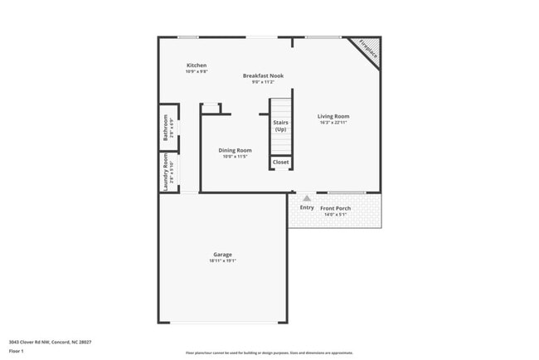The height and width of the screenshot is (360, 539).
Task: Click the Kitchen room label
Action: (197, 66)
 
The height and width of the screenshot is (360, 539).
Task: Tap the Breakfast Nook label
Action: (263, 75)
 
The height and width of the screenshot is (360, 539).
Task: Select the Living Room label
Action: (333, 116)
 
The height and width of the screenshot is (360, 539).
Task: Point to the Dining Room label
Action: (235, 150)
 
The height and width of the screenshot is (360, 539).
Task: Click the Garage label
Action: (222, 255)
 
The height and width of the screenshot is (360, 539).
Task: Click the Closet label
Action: (281, 162)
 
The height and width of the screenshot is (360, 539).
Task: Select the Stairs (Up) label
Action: (281, 126)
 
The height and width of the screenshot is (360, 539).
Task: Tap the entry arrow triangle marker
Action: (307, 198)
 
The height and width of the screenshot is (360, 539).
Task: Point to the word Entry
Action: (307, 207)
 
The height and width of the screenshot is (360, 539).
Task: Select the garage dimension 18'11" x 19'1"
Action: (222, 261)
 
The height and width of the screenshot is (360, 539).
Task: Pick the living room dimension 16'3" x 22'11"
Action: (333, 123)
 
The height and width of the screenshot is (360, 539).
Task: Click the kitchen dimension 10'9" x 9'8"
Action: (197, 72)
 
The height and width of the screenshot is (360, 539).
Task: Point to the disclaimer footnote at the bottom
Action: (269, 353)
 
